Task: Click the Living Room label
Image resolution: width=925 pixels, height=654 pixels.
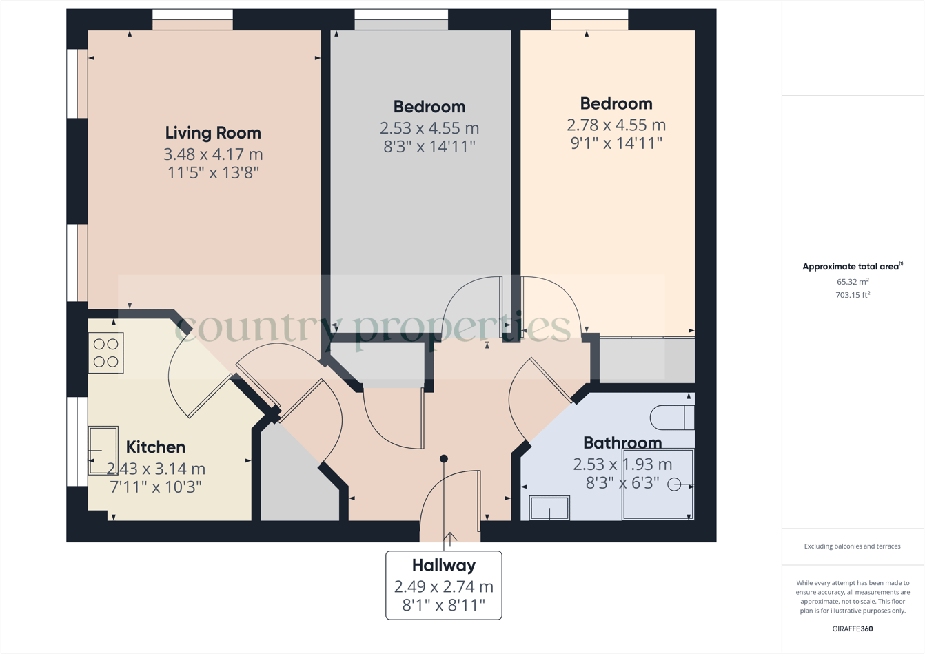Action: coord(213,132)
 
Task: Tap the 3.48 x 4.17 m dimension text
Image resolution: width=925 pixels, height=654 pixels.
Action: coord(213,154)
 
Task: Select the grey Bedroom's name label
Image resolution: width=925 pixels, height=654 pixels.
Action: coord(429,107)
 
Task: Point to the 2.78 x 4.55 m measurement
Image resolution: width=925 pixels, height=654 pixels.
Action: coord(616,125)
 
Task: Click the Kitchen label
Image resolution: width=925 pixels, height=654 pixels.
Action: coord(156,447)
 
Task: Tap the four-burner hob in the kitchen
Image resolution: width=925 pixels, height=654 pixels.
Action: coord(106,353)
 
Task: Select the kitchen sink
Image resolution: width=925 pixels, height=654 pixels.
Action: coord(103,451)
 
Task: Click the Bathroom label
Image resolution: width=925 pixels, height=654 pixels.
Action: coord(622,442)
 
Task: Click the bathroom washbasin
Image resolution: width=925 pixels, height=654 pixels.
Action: coord(549,508)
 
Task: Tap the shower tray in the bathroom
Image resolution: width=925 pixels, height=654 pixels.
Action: coord(658,484)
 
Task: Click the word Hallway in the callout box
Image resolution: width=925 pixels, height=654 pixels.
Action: coord(444,566)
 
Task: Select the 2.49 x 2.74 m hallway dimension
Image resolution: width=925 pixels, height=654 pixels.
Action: coord(444,587)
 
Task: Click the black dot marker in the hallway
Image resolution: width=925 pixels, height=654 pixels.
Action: coord(444,459)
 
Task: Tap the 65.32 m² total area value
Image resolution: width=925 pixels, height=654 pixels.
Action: coord(853,282)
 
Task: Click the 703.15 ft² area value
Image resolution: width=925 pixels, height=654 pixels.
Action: coord(853,295)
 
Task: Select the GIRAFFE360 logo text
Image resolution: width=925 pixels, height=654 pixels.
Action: coord(853,629)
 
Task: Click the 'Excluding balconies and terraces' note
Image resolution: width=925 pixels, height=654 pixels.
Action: coord(852,546)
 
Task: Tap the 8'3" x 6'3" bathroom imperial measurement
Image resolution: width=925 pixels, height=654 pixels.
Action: coord(622,482)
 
